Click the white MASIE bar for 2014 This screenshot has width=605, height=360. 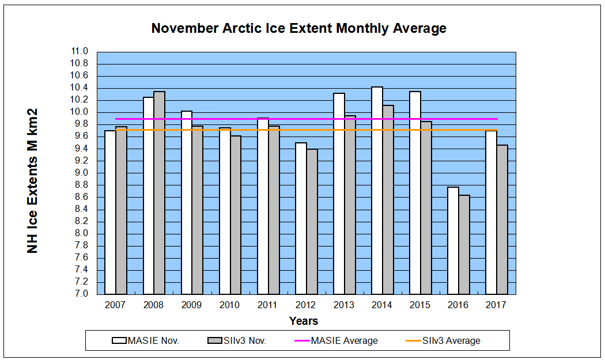click(x=377, y=190)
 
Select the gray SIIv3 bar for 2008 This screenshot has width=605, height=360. click(x=159, y=193)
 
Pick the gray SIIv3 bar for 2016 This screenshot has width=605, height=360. click(x=464, y=244)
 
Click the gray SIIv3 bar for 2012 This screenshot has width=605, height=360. click(x=312, y=222)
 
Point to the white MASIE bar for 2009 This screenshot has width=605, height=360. click(x=187, y=202)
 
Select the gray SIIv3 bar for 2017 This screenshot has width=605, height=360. click(x=502, y=219)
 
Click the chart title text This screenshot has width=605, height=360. click(x=298, y=28)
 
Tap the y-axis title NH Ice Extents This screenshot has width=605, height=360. click(x=33, y=180)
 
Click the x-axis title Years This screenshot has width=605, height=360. click(x=303, y=321)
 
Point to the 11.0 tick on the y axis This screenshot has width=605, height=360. click(x=79, y=51)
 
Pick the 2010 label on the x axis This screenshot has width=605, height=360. click(x=230, y=305)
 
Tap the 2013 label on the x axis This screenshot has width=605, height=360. click(x=344, y=305)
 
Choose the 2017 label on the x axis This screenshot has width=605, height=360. click(x=497, y=305)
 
